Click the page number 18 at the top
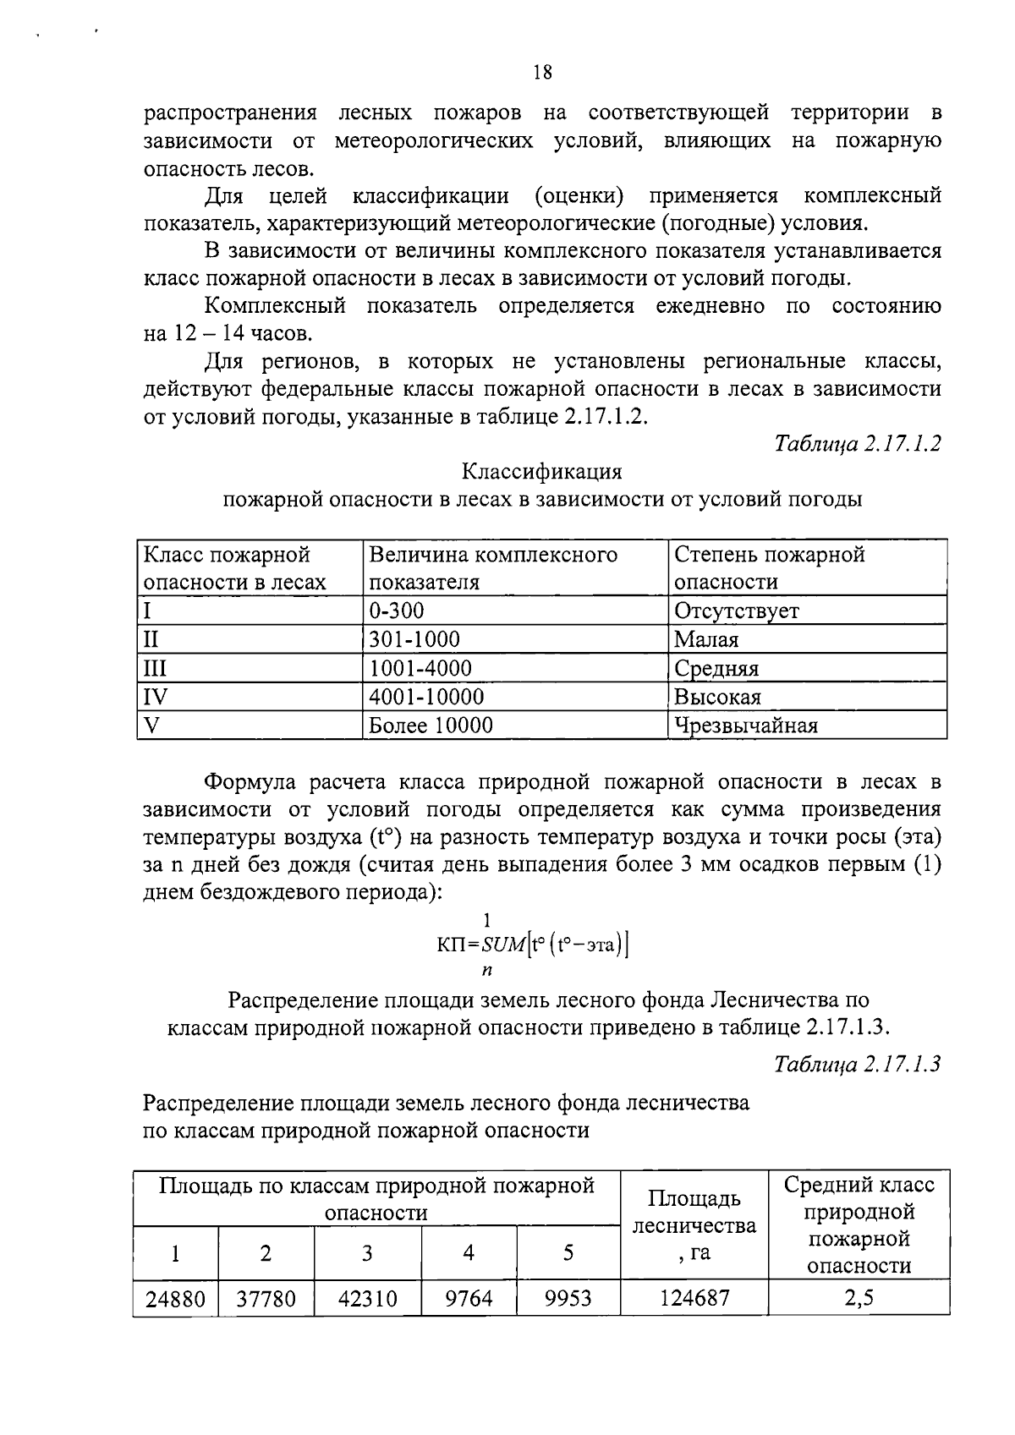coord(542,73)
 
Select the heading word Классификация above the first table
coord(542,471)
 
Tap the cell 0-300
coord(397,611)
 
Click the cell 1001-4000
coord(420,668)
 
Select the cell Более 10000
coord(431,726)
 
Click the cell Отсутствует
coord(736,611)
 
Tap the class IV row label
coord(156,697)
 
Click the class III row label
coord(155,668)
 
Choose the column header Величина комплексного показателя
coord(493,568)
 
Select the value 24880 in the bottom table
coord(175,1299)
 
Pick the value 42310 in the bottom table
coord(367,1299)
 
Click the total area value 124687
coord(694,1299)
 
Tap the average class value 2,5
coord(859,1299)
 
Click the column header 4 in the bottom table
coord(468,1253)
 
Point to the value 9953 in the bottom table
coord(568,1299)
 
